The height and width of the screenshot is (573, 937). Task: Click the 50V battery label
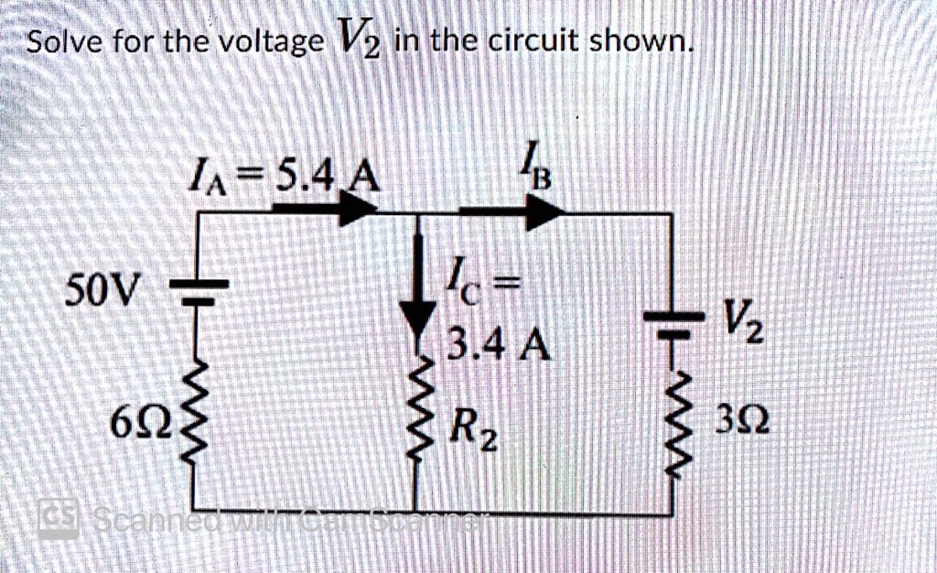point(102,294)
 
